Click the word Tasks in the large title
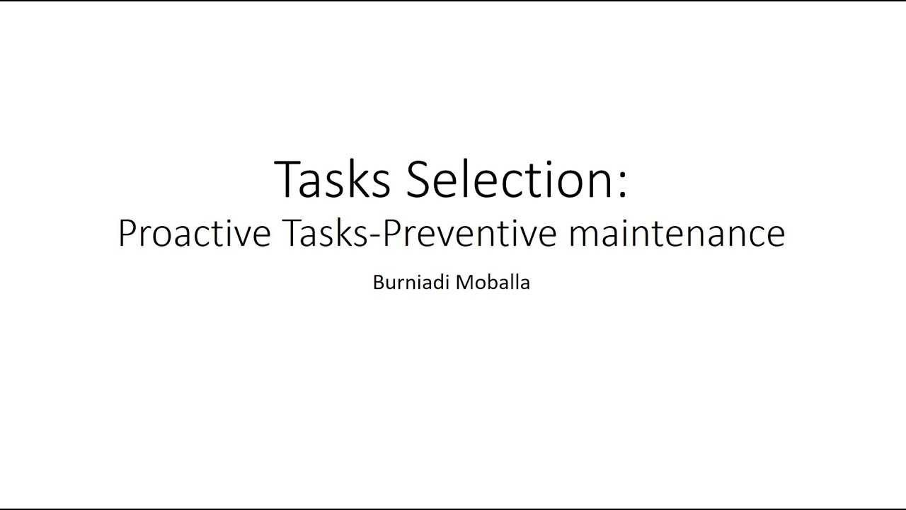(x=331, y=180)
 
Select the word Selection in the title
(x=506, y=180)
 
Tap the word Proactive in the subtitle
(x=194, y=233)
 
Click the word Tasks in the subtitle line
(x=323, y=233)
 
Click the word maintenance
(x=676, y=234)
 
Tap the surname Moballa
(x=493, y=283)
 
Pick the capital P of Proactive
(x=127, y=233)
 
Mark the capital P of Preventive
(x=390, y=233)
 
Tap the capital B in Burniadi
(x=378, y=283)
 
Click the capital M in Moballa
(x=464, y=283)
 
